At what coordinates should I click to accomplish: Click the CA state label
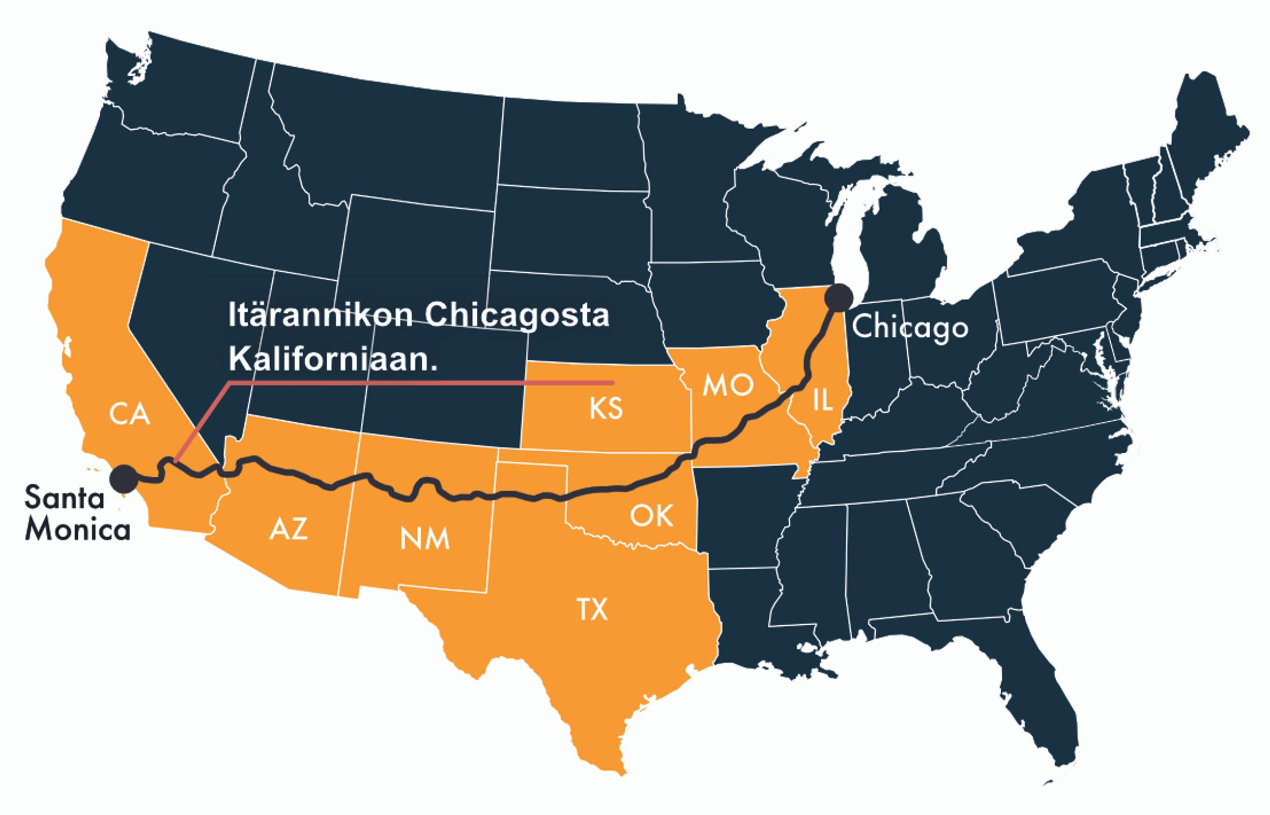pyautogui.click(x=130, y=415)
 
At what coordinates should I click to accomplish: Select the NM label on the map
pyautogui.click(x=424, y=539)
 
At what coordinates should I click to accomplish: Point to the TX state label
pyautogui.click(x=592, y=609)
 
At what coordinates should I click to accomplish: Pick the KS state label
pyautogui.click(x=606, y=409)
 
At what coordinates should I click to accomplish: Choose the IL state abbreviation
pyautogui.click(x=822, y=401)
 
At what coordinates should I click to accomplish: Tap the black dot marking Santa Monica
pyautogui.click(x=124, y=479)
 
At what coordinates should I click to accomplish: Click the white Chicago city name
pyautogui.click(x=910, y=327)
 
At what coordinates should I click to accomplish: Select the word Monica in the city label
pyautogui.click(x=78, y=530)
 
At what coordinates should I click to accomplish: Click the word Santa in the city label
pyautogui.click(x=57, y=499)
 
